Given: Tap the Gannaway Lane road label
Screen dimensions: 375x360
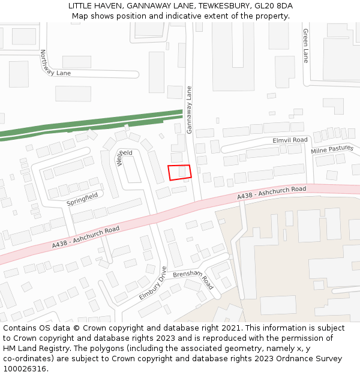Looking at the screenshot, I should (x=190, y=109).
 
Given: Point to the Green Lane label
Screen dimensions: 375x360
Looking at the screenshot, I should (x=305, y=46).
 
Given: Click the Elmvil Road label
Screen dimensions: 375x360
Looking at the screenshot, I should (x=290, y=140).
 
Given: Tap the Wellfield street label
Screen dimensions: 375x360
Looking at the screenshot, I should (x=124, y=157).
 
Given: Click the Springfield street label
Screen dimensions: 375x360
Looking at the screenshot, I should (x=82, y=199).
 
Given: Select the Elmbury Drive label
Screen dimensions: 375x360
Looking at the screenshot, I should (x=154, y=284).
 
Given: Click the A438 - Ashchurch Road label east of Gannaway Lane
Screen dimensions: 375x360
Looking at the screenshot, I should (x=271, y=193).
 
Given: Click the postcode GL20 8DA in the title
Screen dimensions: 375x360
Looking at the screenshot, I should (x=273, y=6).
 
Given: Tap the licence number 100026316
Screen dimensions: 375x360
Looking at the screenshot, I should (x=25, y=368).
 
